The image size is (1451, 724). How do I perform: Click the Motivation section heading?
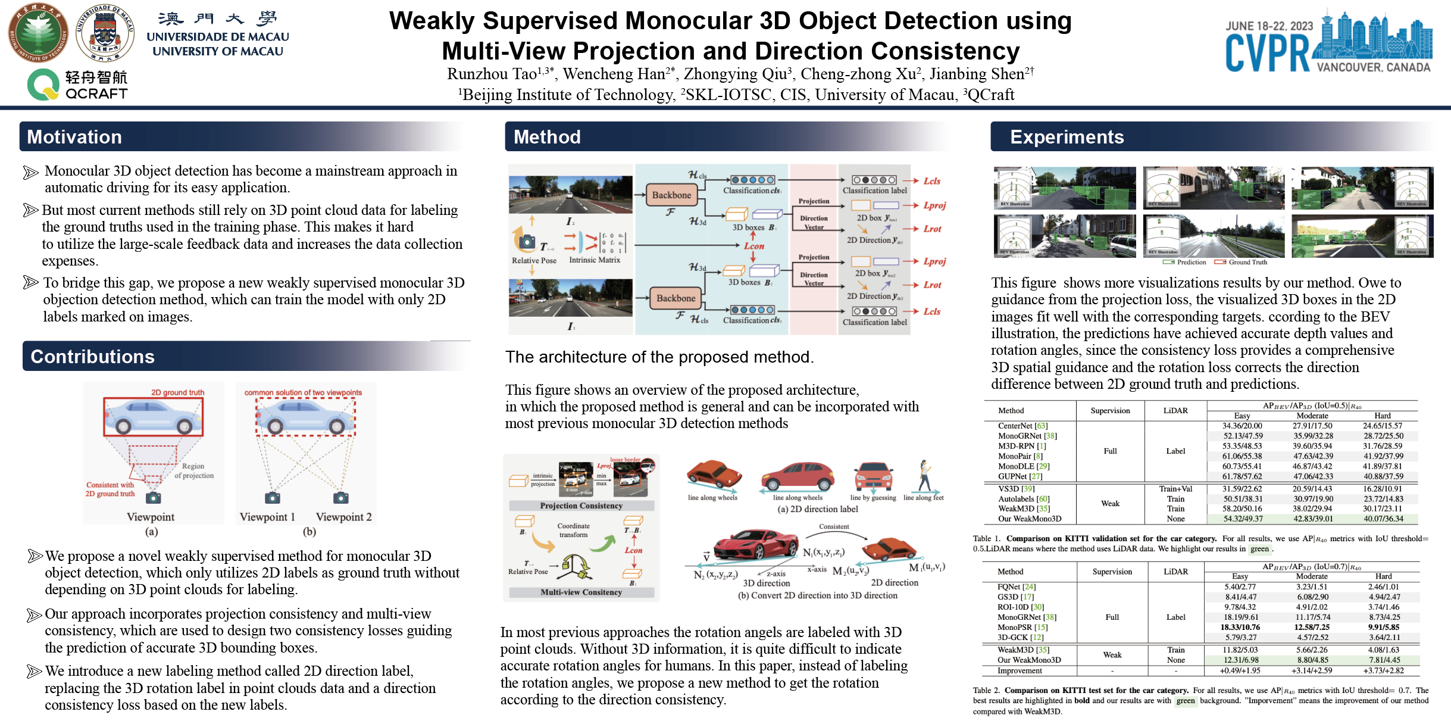[74, 137]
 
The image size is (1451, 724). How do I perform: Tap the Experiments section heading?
[1067, 137]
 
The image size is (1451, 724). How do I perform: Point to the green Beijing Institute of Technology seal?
[38, 33]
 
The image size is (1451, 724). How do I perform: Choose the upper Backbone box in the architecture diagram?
[671, 195]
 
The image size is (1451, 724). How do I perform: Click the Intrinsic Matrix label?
[594, 260]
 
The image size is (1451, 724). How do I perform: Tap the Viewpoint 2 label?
[343, 517]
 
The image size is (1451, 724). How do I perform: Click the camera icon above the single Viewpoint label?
[153, 497]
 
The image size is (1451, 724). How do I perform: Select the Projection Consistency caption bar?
[581, 505]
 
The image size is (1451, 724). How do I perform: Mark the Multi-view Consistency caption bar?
[581, 592]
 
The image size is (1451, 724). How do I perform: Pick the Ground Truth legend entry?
[1247, 262]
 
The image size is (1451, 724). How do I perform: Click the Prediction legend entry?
[1191, 262]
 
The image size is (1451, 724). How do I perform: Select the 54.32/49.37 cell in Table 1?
[1242, 519]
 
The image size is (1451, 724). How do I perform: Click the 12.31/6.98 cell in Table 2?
[1241, 660]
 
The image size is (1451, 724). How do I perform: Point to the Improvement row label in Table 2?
[1020, 670]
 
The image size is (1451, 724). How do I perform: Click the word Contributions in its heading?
[92, 357]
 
